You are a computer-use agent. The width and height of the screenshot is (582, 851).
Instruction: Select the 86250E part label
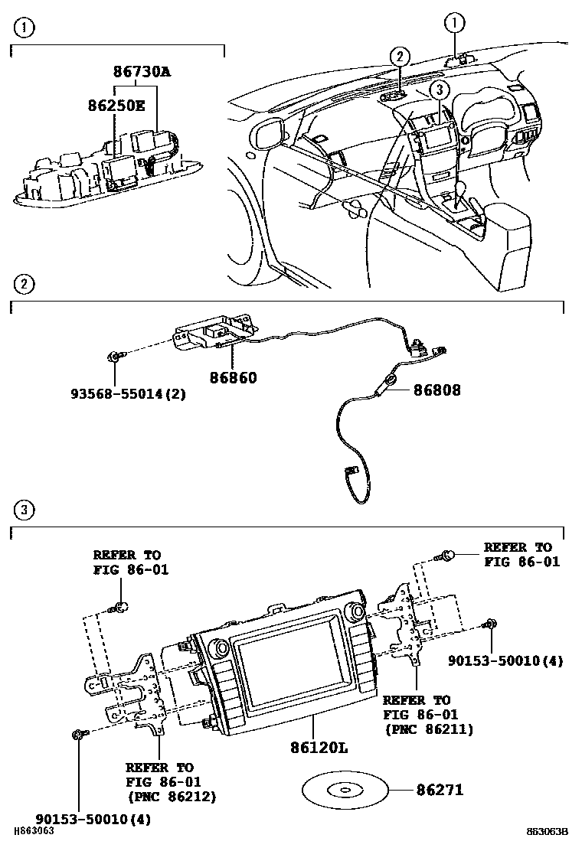[x=115, y=106]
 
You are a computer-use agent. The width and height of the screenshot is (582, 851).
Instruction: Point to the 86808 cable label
[x=437, y=390]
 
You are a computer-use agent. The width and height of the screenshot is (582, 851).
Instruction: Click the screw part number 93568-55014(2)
[x=128, y=394]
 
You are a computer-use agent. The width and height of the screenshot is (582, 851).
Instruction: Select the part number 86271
[x=440, y=789]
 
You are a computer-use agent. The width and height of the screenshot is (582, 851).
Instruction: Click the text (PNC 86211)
[x=428, y=729]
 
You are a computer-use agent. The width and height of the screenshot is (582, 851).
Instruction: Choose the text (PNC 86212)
[x=171, y=797]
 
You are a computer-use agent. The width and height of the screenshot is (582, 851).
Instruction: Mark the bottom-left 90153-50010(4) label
[x=94, y=818]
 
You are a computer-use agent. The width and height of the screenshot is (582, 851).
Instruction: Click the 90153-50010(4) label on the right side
[x=505, y=660]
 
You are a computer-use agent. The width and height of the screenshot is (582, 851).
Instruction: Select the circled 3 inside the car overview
[x=437, y=90]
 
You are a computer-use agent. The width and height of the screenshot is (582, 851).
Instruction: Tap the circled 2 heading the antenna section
[x=24, y=285]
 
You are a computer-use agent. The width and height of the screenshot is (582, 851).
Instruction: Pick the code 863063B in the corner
[x=547, y=832]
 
